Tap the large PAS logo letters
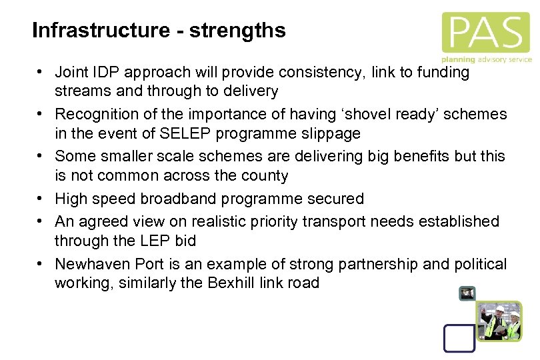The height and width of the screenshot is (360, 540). pos(485,32)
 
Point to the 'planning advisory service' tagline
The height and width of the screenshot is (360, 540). pos(487,59)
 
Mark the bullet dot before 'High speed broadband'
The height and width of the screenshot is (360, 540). pos(41,199)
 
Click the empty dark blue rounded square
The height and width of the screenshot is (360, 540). pos(459,337)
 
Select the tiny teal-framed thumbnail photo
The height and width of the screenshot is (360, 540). pos(467,293)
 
